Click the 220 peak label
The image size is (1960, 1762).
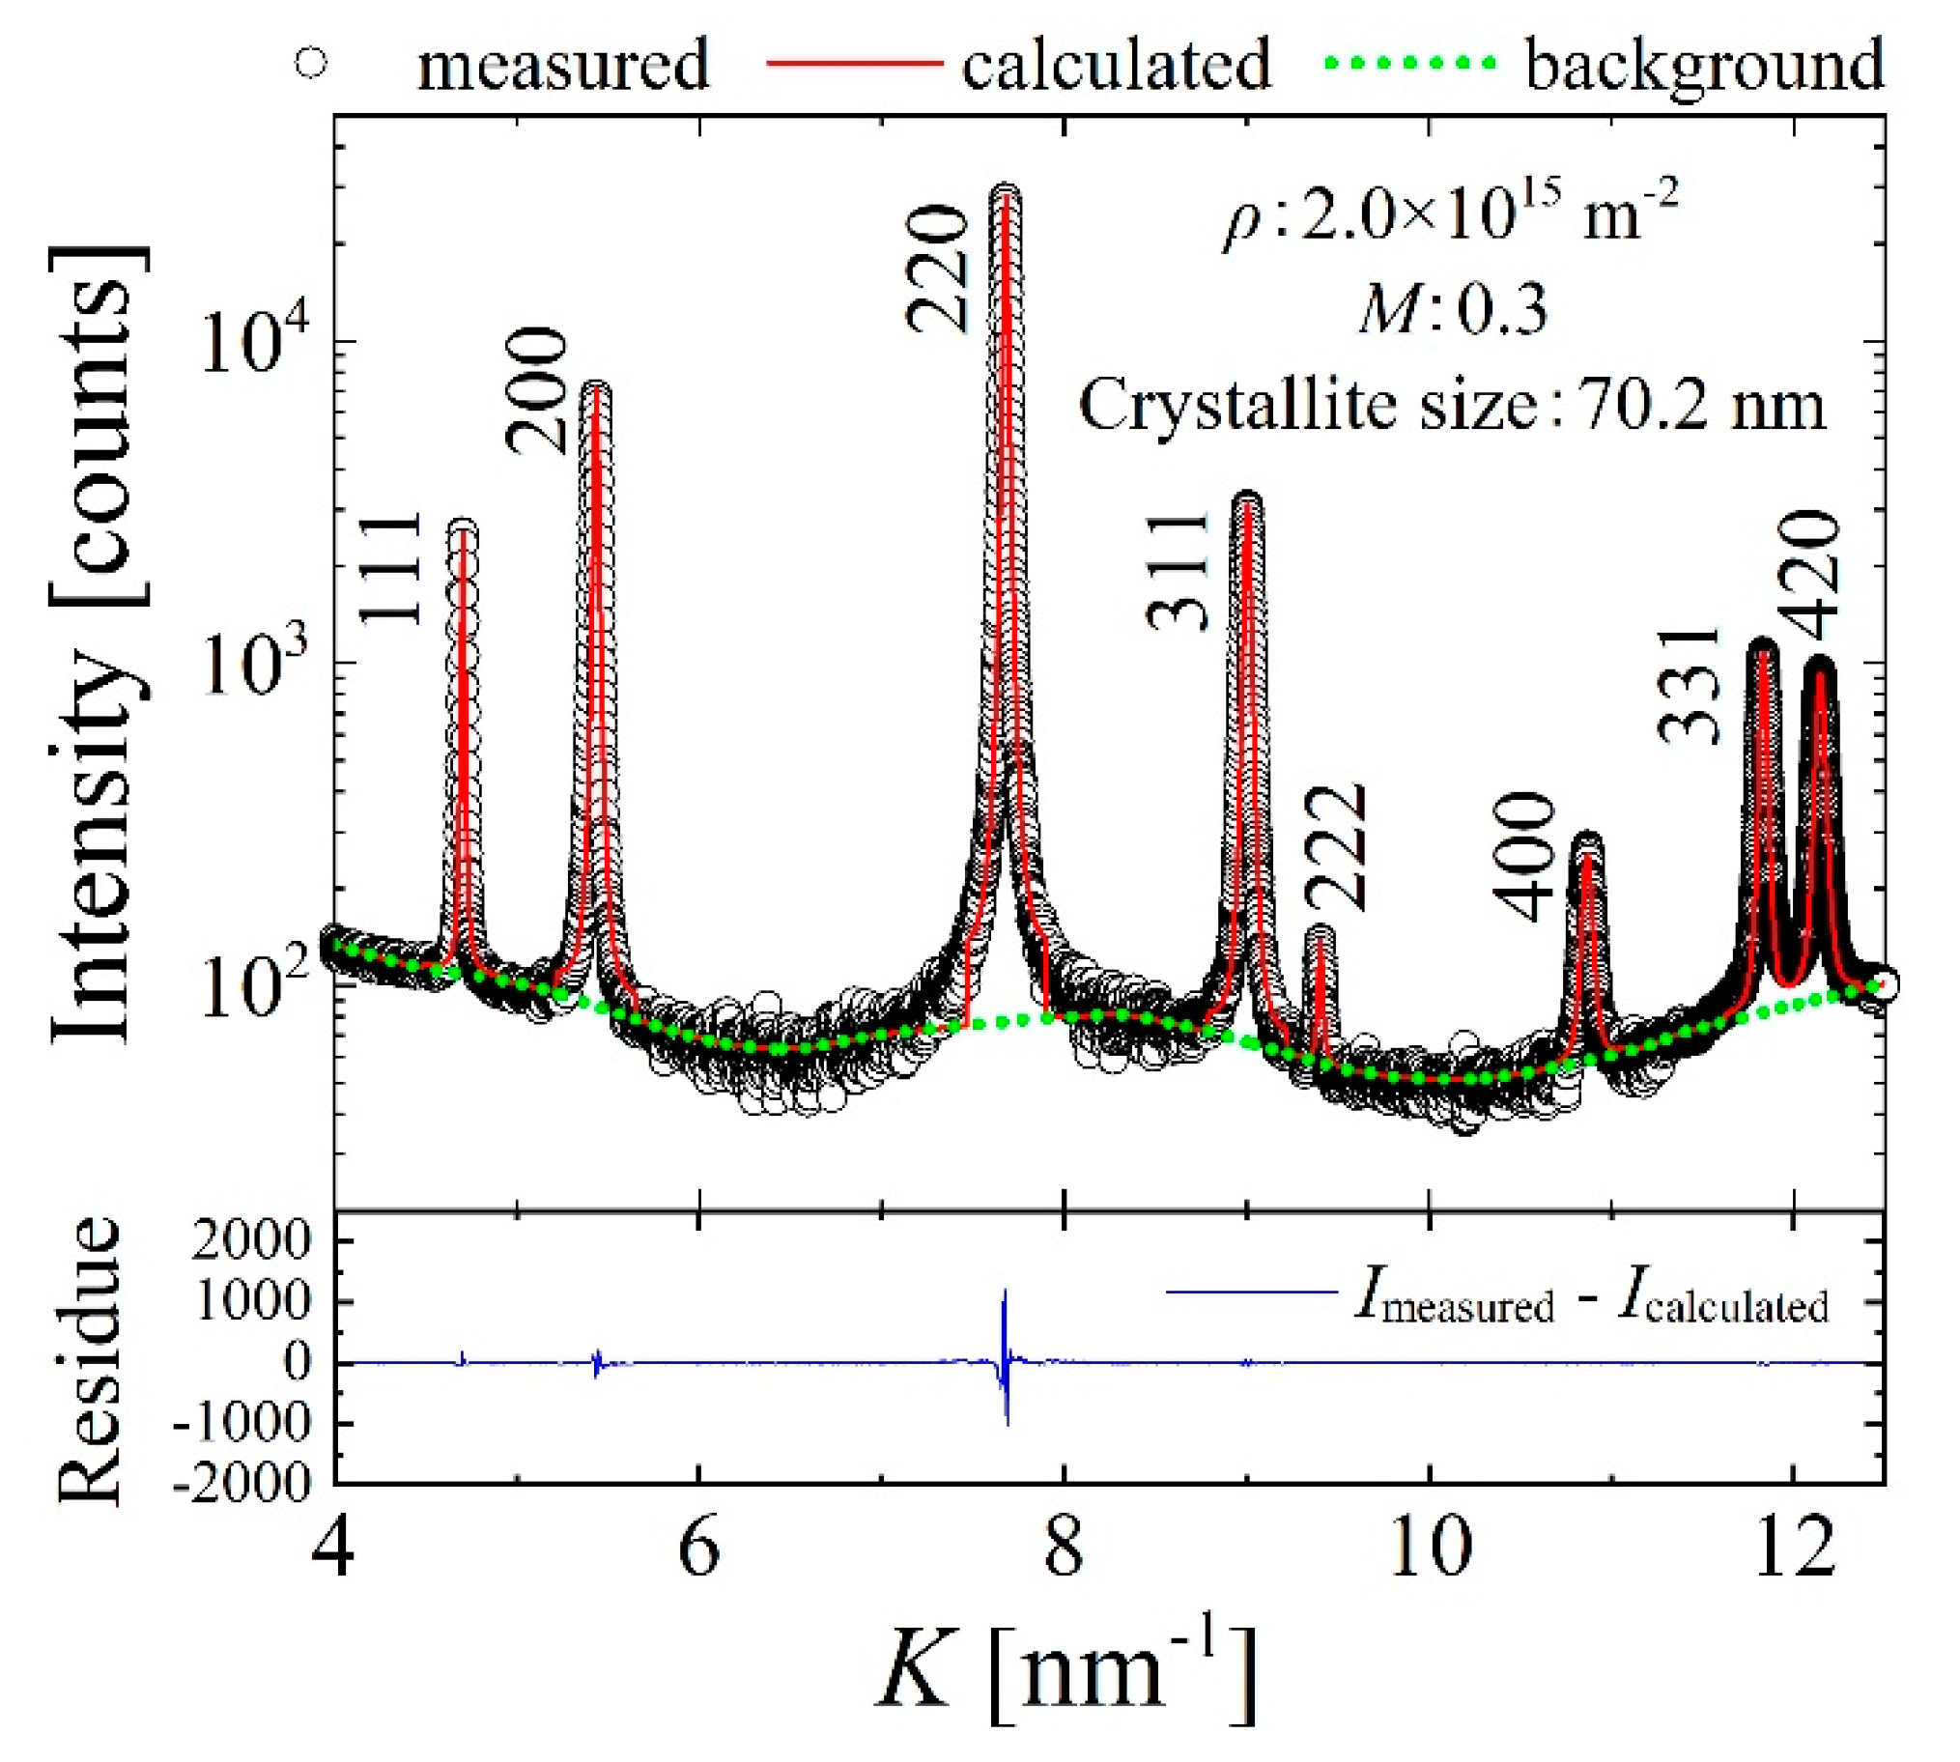[937, 269]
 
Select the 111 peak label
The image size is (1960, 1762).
[392, 569]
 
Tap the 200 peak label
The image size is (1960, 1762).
[535, 390]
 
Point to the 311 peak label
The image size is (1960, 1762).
[1178, 571]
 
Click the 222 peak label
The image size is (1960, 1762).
[1337, 847]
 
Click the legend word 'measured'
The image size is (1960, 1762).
[563, 65]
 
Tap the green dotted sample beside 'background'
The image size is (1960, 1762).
[1409, 64]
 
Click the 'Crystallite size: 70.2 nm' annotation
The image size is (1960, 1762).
[1452, 407]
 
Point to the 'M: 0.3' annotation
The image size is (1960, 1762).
[1452, 312]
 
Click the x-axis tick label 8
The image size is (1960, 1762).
[1064, 1549]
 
